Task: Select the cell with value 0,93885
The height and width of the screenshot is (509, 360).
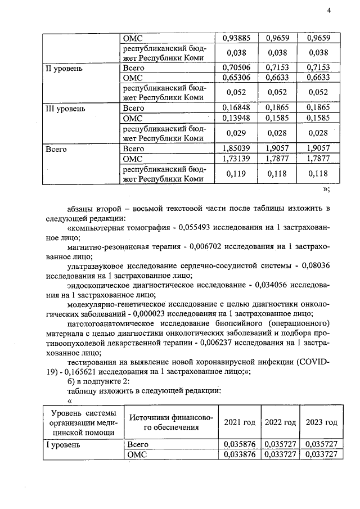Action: (x=236, y=38)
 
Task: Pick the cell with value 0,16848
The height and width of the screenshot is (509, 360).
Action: (x=236, y=108)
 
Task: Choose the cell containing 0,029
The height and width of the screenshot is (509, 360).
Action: (x=236, y=133)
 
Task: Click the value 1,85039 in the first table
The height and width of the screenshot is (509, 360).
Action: (x=236, y=148)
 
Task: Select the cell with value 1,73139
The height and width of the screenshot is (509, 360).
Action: (x=236, y=159)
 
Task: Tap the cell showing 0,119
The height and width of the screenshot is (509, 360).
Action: (x=236, y=174)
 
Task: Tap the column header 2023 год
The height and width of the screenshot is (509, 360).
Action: (x=321, y=422)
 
